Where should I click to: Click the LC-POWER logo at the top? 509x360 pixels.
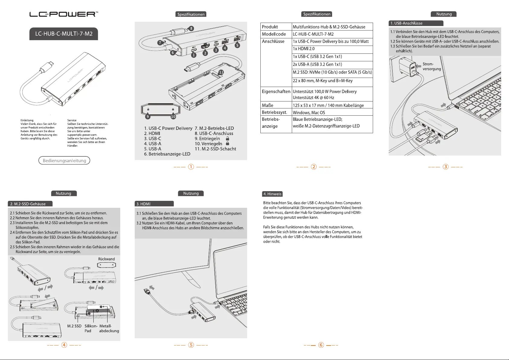coord(64,14)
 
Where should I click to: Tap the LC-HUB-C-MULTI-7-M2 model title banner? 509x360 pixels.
coord(64,34)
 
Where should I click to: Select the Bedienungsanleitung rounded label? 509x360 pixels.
coord(64,160)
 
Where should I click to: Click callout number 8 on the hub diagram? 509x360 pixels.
coord(191,29)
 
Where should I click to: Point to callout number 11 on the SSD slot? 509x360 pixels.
coord(221,72)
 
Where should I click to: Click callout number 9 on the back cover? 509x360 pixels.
coord(148,117)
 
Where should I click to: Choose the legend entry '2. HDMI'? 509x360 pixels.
coord(152,133)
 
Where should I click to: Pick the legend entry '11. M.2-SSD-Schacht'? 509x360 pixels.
coord(215,149)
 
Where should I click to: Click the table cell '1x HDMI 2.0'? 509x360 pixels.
coord(304,49)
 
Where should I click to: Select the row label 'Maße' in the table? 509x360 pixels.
coord(268,105)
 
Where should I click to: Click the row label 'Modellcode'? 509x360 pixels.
coord(274,34)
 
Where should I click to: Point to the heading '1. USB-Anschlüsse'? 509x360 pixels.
coord(406,23)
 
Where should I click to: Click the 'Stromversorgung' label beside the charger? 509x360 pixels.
coord(431,66)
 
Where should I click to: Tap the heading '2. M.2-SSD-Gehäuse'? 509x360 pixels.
coord(28,204)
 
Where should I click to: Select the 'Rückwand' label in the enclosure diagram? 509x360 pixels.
coord(106,259)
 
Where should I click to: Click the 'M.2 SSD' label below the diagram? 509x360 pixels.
coord(74,326)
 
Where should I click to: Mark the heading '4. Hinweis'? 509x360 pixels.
coord(272,194)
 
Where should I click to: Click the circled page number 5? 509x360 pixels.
coord(191,345)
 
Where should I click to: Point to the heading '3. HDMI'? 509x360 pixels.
coord(143,204)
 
